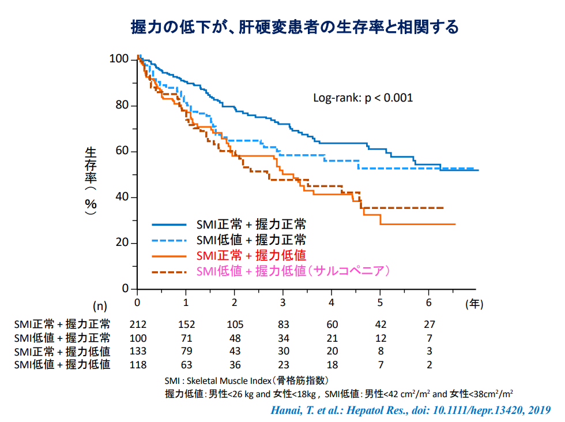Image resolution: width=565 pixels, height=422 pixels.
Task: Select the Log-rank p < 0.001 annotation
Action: tap(363, 98)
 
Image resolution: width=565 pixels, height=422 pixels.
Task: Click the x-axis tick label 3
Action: tap(282, 303)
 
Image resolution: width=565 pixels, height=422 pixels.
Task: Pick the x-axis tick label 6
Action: tap(428, 303)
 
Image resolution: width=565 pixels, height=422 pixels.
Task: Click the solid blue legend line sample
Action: tap(169, 225)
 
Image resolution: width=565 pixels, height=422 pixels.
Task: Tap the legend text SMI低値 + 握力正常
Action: tap(251, 240)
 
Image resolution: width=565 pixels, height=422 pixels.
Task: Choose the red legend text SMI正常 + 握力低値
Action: tap(251, 256)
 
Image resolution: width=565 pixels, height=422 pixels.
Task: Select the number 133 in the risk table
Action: tap(138, 351)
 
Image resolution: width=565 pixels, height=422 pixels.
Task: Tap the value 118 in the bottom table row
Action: tap(138, 365)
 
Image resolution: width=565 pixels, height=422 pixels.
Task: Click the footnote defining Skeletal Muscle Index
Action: tap(247, 381)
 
